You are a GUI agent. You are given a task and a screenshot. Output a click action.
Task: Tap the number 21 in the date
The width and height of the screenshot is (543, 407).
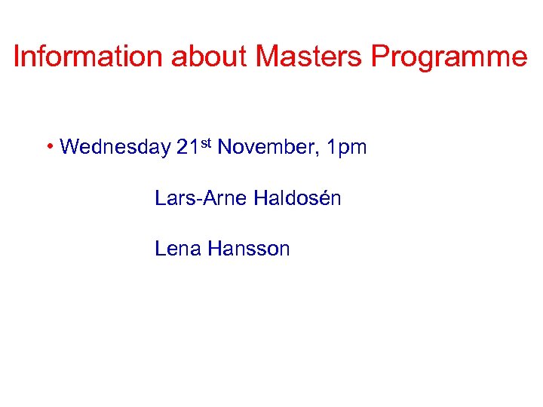coord(186,147)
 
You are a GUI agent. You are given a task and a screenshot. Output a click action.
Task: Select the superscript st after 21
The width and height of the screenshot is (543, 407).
coord(205,142)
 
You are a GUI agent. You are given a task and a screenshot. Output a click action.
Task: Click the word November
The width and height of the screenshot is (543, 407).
coord(265,147)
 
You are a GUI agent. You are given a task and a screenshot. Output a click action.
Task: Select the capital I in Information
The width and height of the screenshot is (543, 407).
coord(17,57)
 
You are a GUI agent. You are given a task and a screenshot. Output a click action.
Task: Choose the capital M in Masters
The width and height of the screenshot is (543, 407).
coord(268,57)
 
